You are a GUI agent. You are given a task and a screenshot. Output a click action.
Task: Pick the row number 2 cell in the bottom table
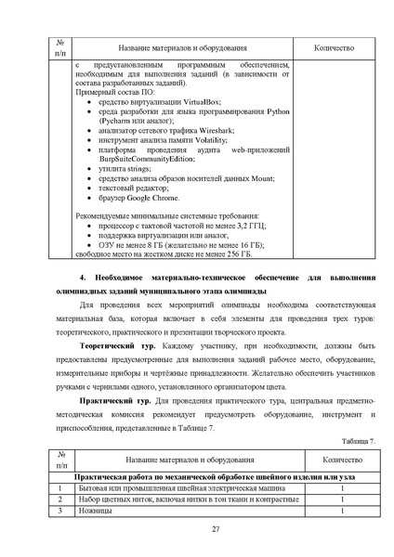(x=60, y=499)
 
